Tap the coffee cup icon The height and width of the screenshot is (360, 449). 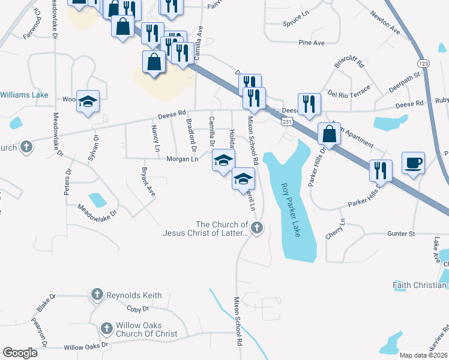pyautogui.click(x=414, y=163)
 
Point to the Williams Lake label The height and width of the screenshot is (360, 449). pyautogui.click(x=23, y=95)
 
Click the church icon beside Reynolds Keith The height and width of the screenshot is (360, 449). pyautogui.click(x=97, y=295)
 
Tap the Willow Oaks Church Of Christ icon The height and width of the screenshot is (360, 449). pyautogui.click(x=106, y=329)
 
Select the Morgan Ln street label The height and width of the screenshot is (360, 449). pyautogui.click(x=182, y=159)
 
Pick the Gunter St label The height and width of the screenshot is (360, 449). pyautogui.click(x=401, y=233)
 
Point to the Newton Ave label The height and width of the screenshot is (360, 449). pyautogui.click(x=385, y=22)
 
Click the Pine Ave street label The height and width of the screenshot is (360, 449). pyautogui.click(x=312, y=43)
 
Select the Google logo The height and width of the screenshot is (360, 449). pyautogui.click(x=20, y=352)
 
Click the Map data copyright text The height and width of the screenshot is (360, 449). pyautogui.click(x=424, y=355)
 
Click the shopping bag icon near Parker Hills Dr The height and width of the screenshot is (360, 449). pyautogui.click(x=329, y=134)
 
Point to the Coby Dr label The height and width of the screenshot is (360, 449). pyautogui.click(x=137, y=309)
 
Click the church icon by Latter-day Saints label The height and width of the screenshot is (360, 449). pyautogui.click(x=256, y=227)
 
